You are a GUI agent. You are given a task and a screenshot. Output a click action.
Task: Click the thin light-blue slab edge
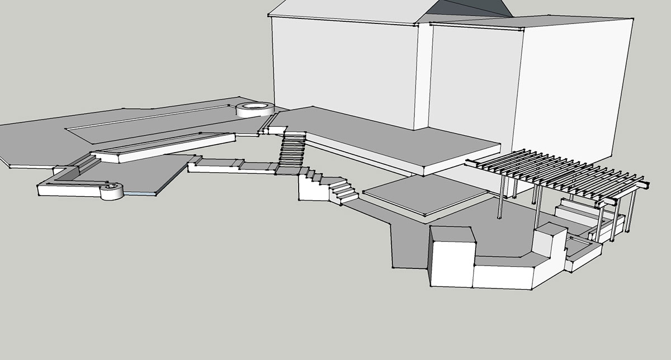140,193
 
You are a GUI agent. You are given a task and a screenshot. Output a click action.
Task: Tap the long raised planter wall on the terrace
162,146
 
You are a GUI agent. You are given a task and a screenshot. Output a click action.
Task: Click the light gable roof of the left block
347,11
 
